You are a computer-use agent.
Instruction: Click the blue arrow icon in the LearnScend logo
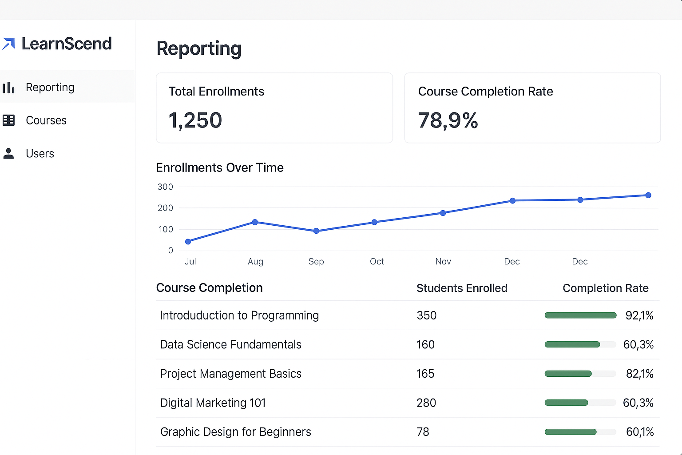[x=9, y=44]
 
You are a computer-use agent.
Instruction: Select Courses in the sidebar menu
[x=46, y=120]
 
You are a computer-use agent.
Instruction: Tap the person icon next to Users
[x=8, y=153]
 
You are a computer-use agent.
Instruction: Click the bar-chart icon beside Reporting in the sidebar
[x=8, y=88]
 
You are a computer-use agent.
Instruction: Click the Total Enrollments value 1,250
[x=195, y=120]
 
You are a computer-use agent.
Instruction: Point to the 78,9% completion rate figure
[x=448, y=120]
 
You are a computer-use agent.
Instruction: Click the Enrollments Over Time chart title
[x=220, y=168]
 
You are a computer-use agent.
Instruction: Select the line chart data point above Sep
[x=316, y=231]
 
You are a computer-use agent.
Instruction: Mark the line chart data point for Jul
[x=188, y=242]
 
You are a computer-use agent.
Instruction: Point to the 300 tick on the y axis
[x=165, y=187]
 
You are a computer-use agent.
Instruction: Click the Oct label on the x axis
[x=377, y=262]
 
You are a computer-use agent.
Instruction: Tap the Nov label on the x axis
[x=443, y=262]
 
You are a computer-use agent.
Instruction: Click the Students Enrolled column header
[x=462, y=288]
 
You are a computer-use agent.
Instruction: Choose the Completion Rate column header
[x=605, y=288]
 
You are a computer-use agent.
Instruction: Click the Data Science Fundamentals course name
[x=230, y=345]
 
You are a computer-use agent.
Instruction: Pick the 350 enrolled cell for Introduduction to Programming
[x=426, y=315]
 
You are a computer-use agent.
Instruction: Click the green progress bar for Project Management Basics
[x=568, y=374]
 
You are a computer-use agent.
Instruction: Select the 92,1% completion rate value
[x=639, y=315]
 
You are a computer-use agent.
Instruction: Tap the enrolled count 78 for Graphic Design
[x=423, y=432]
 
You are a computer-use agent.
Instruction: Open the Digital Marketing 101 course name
[x=213, y=403]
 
